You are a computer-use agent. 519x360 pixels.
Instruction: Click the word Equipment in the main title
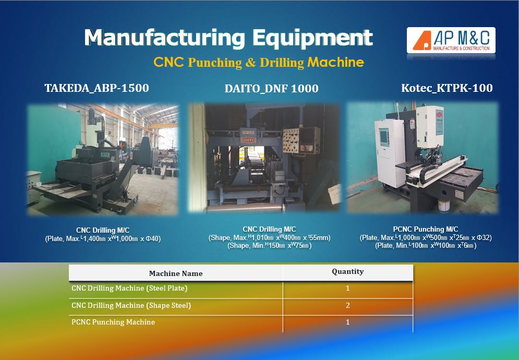coord(313,38)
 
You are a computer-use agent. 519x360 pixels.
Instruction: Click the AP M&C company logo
coord(451,40)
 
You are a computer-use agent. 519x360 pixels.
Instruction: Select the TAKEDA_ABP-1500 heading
coord(96,88)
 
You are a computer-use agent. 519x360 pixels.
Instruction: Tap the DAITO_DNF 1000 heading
coord(271,88)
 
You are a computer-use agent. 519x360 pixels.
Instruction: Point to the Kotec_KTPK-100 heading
coord(447,88)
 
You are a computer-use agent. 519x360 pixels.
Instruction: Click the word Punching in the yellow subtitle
coord(215,63)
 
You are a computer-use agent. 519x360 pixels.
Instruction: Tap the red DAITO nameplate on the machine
coord(248,140)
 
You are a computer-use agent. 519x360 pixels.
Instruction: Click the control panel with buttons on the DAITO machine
coord(301,140)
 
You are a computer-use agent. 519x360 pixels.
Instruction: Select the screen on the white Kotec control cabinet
coord(384,137)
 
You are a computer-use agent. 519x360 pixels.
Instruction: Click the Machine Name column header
coord(176,273)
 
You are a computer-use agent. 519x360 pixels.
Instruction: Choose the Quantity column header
coord(348,272)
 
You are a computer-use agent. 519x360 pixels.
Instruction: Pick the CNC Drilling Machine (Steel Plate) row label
coord(129,288)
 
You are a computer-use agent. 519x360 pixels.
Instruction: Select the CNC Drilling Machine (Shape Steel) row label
coord(131,305)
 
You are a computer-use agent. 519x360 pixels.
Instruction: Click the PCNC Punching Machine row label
coord(113,322)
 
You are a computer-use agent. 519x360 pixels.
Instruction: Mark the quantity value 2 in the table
coord(347,305)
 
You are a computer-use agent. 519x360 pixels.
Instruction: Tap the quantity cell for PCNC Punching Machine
coord(347,322)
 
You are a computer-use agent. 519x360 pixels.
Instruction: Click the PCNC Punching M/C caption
coord(426,229)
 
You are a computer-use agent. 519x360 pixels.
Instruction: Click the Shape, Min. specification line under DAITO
coord(270,246)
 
